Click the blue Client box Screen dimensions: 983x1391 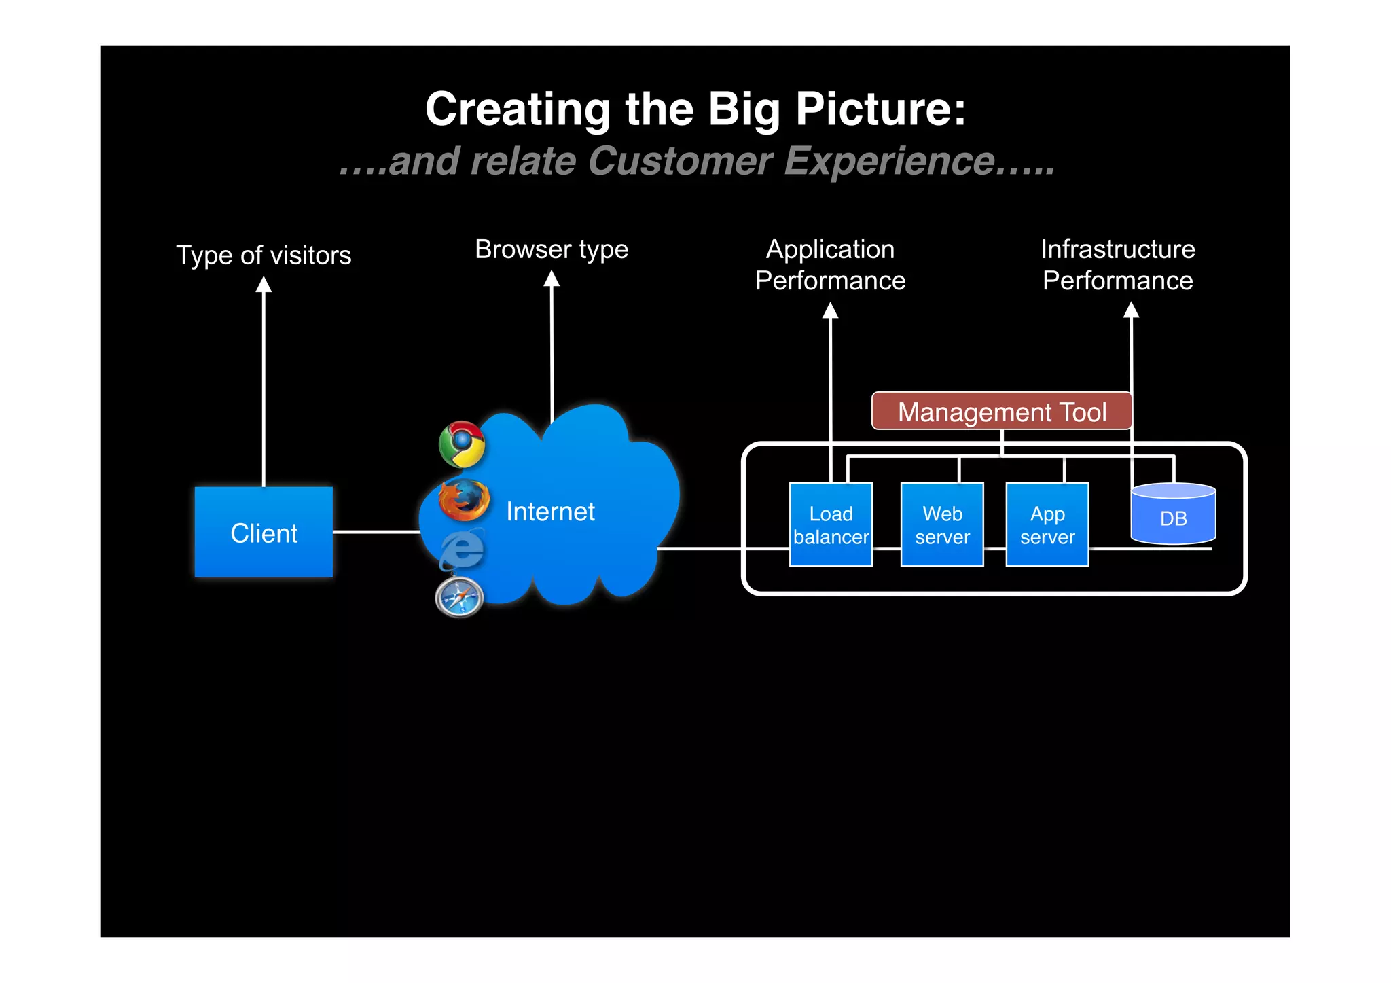click(x=264, y=532)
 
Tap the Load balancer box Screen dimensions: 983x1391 click(x=831, y=524)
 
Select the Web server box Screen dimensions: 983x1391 click(x=942, y=524)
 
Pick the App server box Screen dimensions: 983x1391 click(x=1047, y=524)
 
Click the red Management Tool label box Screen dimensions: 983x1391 click(x=1002, y=412)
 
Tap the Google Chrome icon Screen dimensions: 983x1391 click(x=462, y=444)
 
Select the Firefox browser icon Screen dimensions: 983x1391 click(x=464, y=500)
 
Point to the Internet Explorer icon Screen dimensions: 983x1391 click(x=463, y=549)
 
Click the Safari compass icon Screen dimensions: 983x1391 click(x=459, y=597)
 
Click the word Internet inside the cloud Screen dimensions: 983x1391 click(x=550, y=512)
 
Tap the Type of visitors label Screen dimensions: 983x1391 click(x=264, y=255)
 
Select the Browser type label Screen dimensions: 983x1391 click(x=552, y=249)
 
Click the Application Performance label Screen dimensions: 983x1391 click(x=830, y=265)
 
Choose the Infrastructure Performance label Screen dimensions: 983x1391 click(x=1117, y=265)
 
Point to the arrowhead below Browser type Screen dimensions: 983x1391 click(x=552, y=279)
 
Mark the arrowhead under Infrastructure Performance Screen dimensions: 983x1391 click(x=1131, y=310)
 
